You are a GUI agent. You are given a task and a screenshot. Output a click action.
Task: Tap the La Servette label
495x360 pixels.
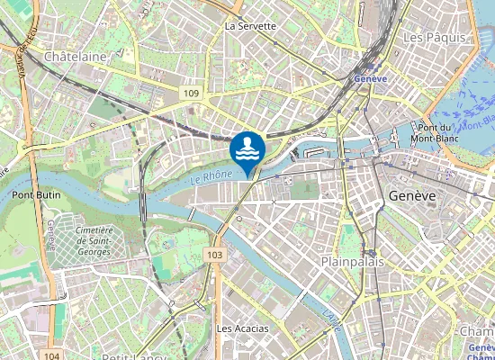[x=250, y=26]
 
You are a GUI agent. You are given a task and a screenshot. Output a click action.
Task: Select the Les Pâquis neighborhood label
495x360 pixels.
[x=434, y=38]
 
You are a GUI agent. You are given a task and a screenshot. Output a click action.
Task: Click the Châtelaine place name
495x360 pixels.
[x=76, y=56]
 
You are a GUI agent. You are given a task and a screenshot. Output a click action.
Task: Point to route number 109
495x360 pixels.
[x=189, y=94]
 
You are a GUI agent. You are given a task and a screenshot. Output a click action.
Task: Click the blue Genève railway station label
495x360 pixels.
[x=370, y=79]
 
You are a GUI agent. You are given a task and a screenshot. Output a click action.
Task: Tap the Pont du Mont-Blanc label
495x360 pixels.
[x=434, y=133]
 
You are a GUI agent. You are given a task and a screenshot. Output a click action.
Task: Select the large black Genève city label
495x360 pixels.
[x=412, y=195]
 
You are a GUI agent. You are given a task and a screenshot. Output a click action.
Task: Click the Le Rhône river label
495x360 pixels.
[x=212, y=178]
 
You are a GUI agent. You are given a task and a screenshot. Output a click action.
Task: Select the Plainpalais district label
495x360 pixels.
[x=353, y=261]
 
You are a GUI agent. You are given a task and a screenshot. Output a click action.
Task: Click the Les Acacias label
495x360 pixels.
[x=243, y=328]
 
